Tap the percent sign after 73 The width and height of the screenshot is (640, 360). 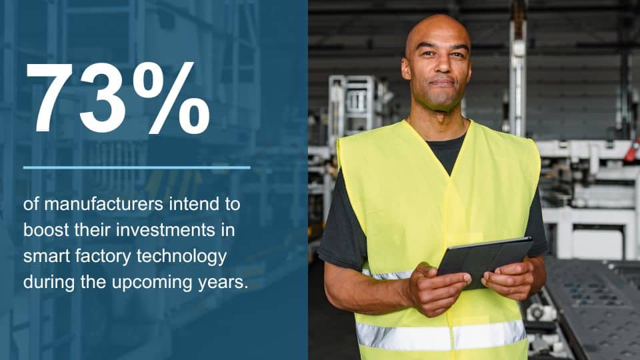[171, 98]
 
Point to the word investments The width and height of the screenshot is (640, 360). [166, 230]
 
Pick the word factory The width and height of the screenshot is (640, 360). [103, 257]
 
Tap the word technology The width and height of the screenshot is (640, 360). [181, 257]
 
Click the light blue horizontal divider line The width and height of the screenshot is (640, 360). [137, 167]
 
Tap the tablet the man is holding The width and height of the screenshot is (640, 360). [485, 261]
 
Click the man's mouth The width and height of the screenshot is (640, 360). [442, 83]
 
